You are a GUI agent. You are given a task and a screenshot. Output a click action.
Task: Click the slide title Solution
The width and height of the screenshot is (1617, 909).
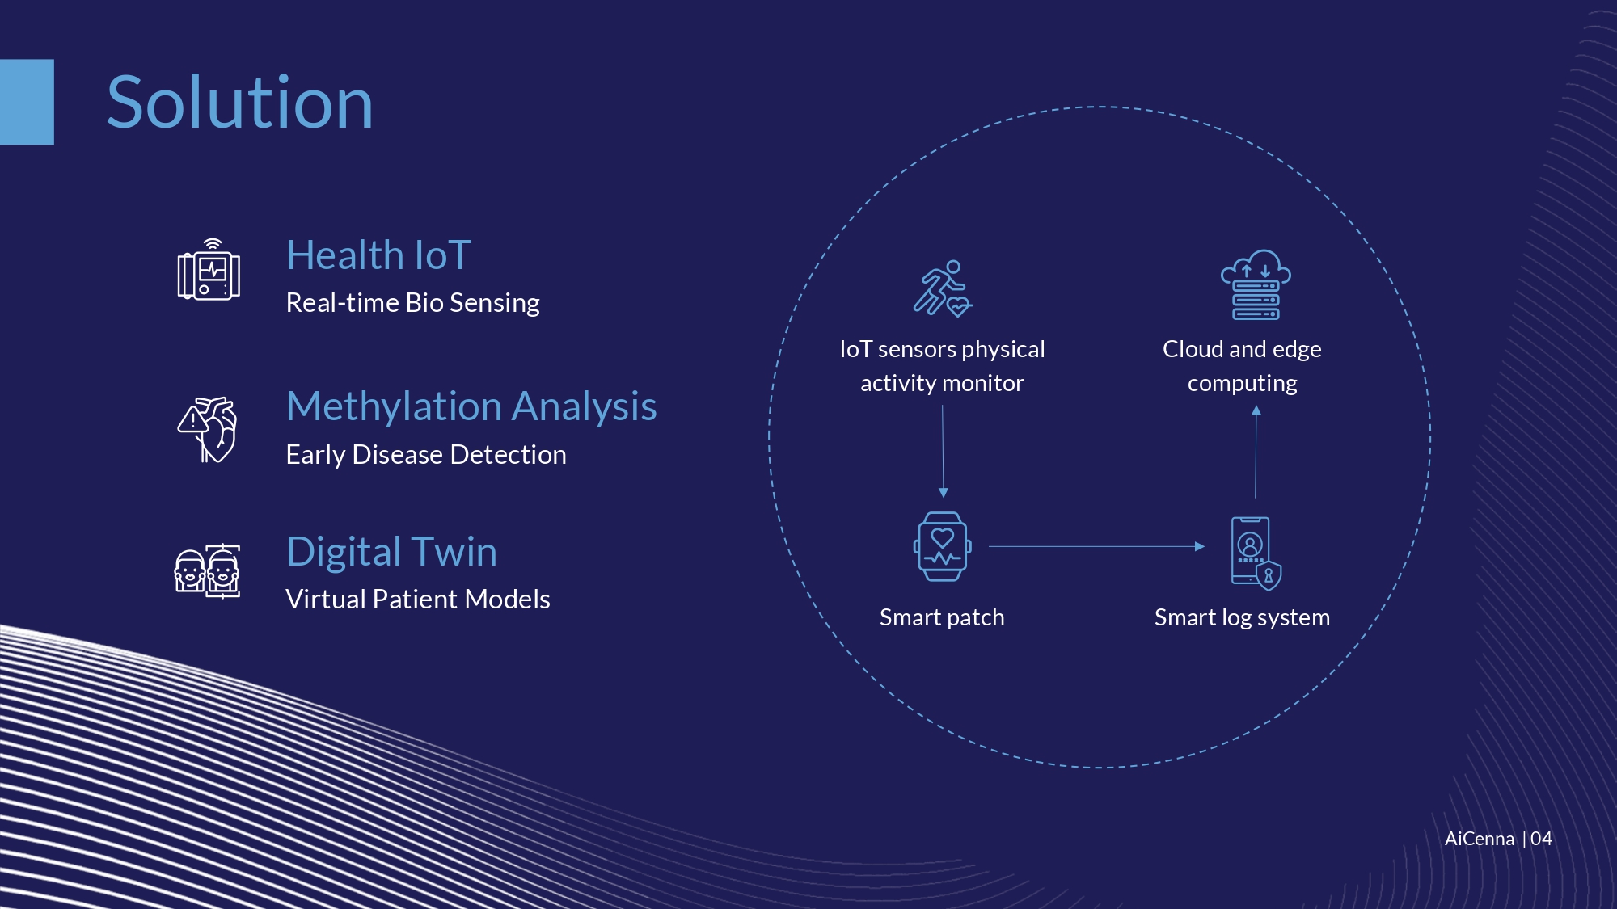pos(240,103)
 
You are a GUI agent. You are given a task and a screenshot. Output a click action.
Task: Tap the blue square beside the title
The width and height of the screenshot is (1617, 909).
pos(27,102)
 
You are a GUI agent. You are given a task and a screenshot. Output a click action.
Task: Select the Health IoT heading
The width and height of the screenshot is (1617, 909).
pos(378,255)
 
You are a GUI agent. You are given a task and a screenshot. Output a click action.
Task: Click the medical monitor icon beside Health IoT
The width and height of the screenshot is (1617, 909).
pos(209,270)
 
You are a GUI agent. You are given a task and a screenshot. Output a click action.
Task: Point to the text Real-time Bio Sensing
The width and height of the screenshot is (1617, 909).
pos(412,303)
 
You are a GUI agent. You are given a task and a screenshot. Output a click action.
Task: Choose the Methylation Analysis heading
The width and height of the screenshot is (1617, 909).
pos(471,406)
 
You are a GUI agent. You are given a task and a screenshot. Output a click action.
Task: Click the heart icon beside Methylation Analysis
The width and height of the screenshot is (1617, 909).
pos(208,429)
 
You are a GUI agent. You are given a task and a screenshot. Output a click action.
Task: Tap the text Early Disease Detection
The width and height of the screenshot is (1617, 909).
pos(426,454)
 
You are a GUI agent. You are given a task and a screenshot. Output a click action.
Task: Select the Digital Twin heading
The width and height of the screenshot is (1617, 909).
pos(391,552)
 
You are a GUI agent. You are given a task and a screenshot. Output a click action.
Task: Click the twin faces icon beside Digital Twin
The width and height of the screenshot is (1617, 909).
pos(208,571)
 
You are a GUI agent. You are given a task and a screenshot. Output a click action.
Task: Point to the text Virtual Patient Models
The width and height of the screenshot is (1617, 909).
pos(418,600)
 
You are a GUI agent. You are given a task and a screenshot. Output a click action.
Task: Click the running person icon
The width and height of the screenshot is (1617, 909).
pos(943,288)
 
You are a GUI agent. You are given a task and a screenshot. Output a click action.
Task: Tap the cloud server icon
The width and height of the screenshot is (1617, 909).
pos(1256,284)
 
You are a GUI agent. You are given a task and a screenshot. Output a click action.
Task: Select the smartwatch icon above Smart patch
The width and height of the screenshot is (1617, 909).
pos(943,546)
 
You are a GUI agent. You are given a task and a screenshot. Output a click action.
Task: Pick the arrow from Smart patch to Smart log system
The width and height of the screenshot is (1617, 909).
pos(1096,546)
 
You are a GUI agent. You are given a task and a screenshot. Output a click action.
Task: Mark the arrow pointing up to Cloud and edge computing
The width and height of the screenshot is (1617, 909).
pos(1256,452)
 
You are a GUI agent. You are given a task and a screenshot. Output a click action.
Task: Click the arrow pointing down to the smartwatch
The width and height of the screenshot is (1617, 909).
pos(943,452)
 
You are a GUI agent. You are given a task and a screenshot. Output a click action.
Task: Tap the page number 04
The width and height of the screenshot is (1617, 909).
pos(1541,839)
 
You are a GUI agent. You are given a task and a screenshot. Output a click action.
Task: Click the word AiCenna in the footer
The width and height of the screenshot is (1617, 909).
pos(1480,839)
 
